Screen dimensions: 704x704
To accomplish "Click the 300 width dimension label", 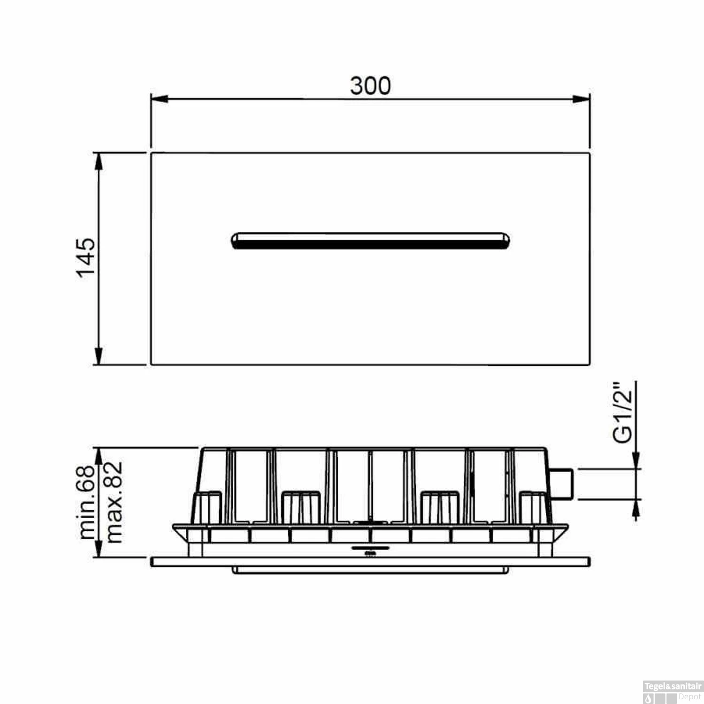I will point(370,86).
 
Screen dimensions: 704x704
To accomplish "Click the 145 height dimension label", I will point(86,258).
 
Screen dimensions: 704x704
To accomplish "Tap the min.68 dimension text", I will point(87,502).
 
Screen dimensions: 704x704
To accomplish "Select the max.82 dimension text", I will point(114,502).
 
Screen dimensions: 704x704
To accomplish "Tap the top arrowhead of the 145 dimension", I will point(99,161).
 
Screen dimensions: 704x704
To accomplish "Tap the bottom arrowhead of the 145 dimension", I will point(99,356).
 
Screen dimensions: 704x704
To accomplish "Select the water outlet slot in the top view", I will point(370,240).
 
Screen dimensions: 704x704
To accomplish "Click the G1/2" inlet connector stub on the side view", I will point(561,483).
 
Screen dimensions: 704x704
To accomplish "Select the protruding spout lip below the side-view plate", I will point(370,570).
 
